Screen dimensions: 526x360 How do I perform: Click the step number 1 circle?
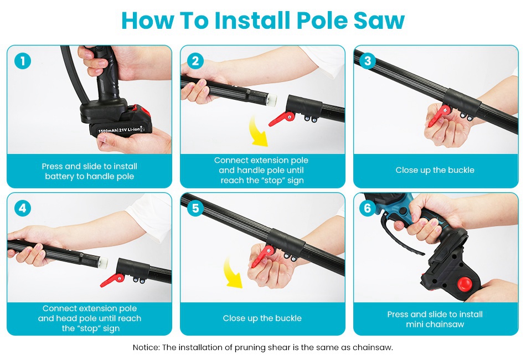click(x=23, y=61)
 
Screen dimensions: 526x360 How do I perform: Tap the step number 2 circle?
click(x=195, y=61)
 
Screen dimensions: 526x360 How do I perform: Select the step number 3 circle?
click(x=368, y=61)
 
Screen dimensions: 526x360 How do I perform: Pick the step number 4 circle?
click(x=23, y=208)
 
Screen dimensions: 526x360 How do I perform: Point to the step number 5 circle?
click(x=195, y=208)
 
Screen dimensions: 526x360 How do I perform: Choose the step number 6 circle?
click(x=368, y=208)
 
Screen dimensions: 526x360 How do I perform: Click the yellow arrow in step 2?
click(x=259, y=132)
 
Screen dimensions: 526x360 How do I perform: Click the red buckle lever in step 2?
click(x=282, y=119)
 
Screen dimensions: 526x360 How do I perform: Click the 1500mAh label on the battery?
click(x=107, y=131)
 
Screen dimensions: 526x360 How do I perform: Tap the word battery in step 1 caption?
click(x=60, y=177)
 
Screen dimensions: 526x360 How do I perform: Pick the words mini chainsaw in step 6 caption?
click(x=435, y=325)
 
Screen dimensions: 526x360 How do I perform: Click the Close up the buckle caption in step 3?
click(x=435, y=170)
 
